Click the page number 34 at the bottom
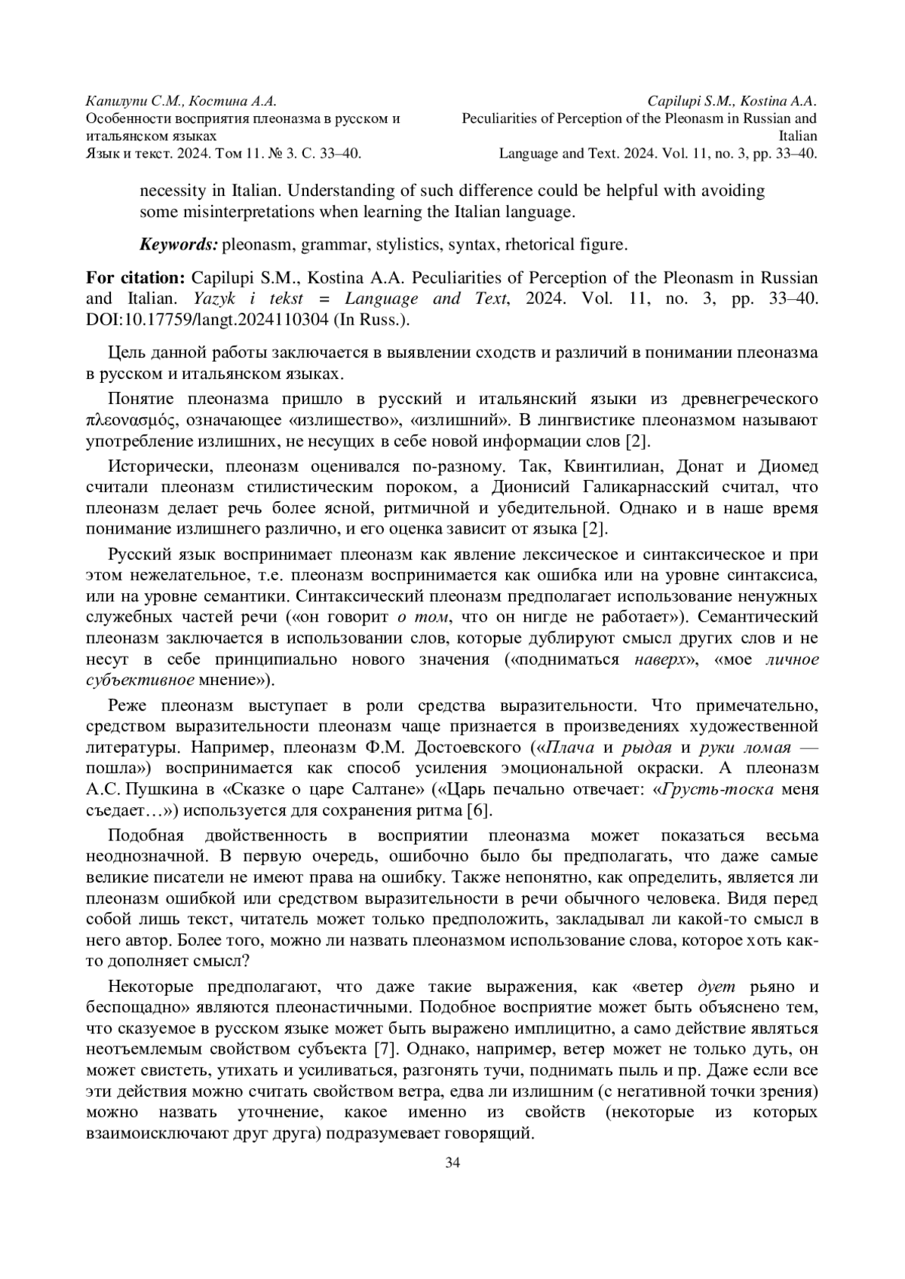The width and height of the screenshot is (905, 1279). click(452, 1161)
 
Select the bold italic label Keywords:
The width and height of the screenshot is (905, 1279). click(179, 245)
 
